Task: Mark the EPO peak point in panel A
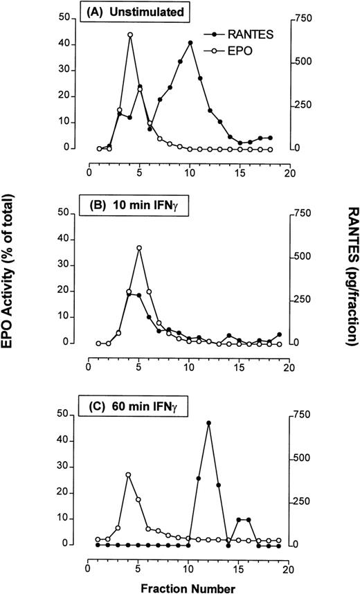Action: click(x=129, y=35)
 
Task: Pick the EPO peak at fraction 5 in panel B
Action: click(x=139, y=247)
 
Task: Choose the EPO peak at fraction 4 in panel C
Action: click(x=129, y=475)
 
